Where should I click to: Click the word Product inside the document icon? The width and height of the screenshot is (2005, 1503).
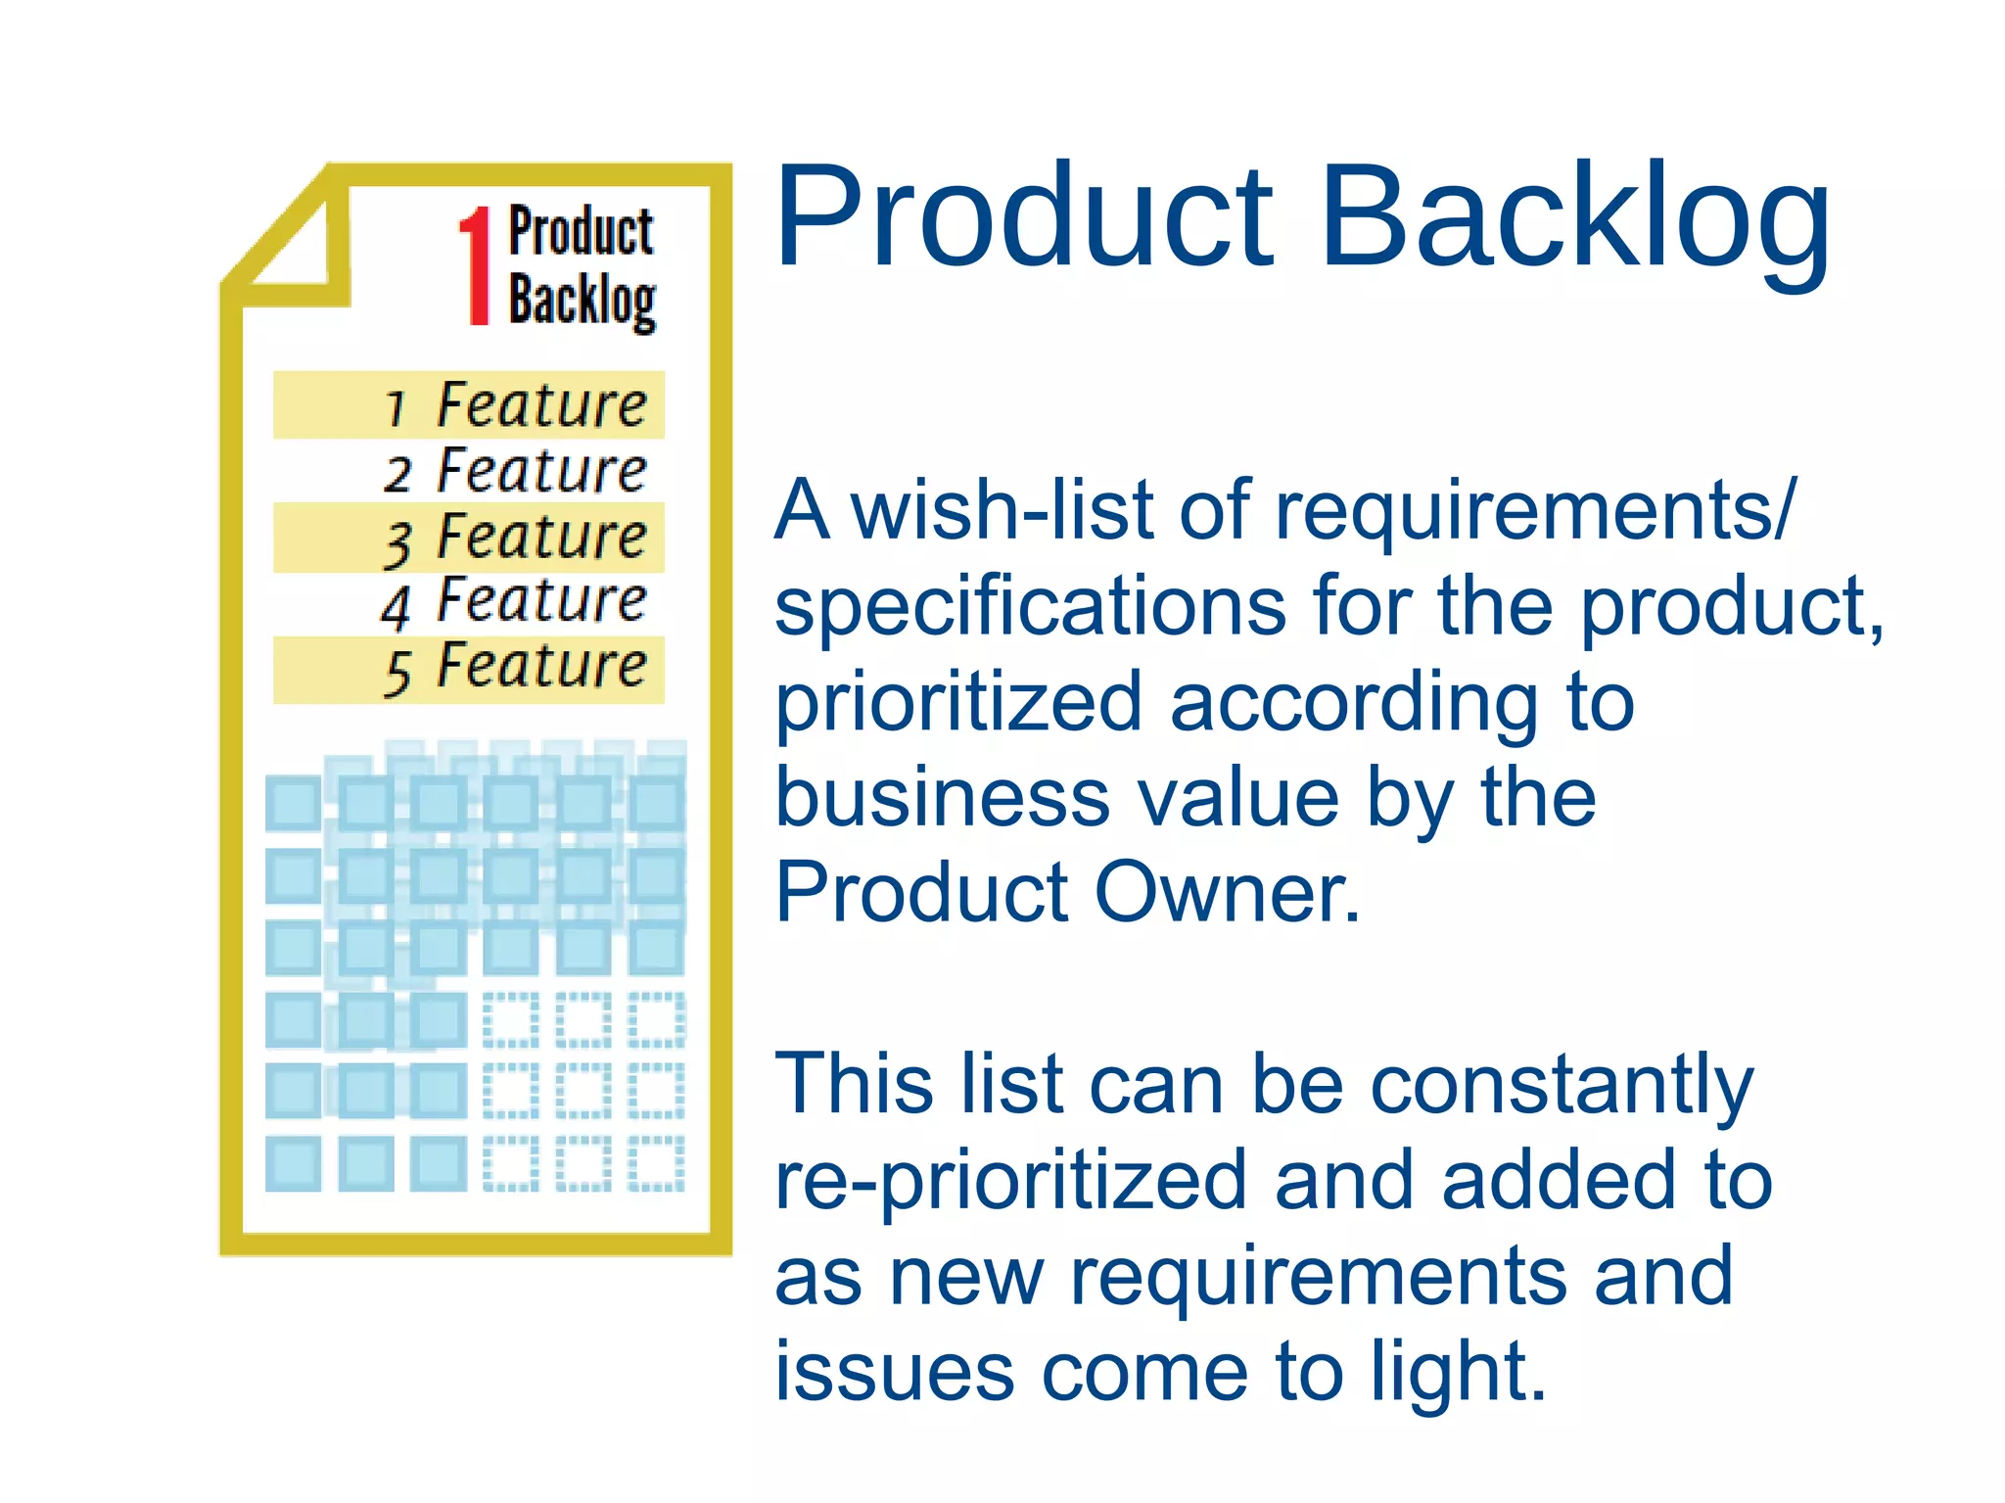click(x=581, y=232)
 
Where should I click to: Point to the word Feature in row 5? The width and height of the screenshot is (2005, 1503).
click(x=541, y=666)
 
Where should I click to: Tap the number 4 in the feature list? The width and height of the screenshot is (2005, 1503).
click(x=396, y=606)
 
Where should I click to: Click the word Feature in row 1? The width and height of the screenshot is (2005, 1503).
click(x=541, y=405)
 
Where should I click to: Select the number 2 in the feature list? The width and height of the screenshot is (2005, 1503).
click(x=396, y=474)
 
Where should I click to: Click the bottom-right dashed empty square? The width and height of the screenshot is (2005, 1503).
click(x=656, y=1163)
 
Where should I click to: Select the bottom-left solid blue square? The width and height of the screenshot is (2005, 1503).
click(x=293, y=1163)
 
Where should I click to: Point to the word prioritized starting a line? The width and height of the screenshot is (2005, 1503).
click(x=958, y=702)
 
